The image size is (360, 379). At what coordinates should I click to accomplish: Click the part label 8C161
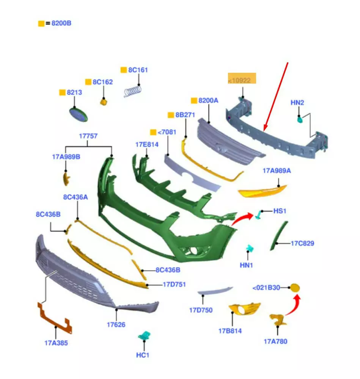coord(138,70)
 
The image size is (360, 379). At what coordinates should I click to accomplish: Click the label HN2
coord(297,103)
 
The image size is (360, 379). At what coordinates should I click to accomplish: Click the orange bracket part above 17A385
coord(55,318)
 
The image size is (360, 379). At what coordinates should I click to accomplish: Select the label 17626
coord(116,325)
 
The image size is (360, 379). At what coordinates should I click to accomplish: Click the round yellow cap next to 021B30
coord(295,288)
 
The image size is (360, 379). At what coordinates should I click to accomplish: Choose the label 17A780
coord(276,341)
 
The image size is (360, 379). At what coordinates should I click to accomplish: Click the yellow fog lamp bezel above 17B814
coord(244,309)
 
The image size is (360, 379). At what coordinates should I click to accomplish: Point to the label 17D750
coord(201,310)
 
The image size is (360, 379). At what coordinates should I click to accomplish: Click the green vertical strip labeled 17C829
coord(279,235)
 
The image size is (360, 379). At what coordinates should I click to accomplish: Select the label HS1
coord(280,211)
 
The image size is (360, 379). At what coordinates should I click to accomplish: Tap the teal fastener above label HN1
coord(250,249)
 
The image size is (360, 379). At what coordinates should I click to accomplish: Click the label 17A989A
coord(277,171)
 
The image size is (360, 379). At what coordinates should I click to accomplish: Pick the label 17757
coord(88,136)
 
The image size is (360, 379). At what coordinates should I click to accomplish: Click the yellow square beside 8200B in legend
coord(41,23)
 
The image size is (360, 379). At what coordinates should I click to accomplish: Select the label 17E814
coord(147,144)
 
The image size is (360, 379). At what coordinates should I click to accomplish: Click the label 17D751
coord(174,284)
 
